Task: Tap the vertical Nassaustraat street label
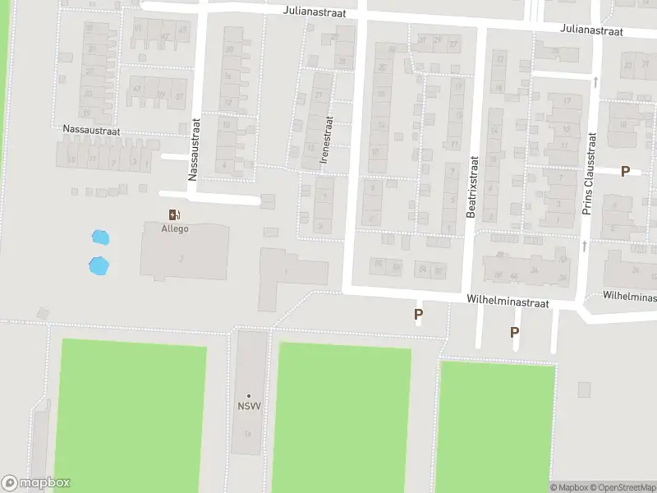point(195,149)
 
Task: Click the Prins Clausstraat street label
point(587,173)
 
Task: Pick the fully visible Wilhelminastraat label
point(508,302)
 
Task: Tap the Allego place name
point(174,228)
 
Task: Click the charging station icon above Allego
point(173,214)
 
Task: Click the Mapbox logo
point(35,483)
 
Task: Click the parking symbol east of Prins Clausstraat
point(625,171)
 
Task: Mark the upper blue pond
point(100,238)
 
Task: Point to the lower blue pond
point(98,265)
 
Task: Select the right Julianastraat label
point(592,30)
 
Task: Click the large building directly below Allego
point(185,251)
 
